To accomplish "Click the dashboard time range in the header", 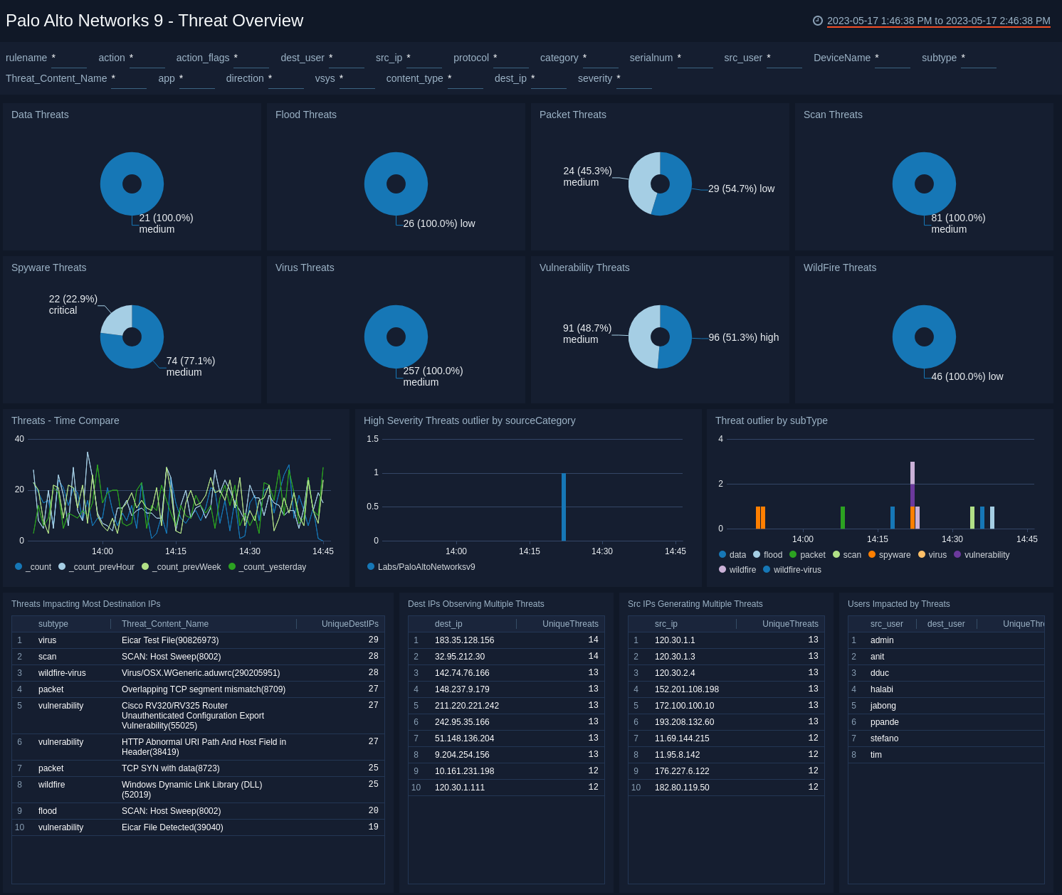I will pyautogui.click(x=938, y=21).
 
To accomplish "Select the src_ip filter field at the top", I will pyautogui.click(x=424, y=58).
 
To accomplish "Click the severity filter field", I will pyautogui.click(x=633, y=79).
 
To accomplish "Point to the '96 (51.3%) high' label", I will pyautogui.click(x=743, y=337).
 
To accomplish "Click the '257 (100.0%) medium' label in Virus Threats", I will pyautogui.click(x=433, y=376).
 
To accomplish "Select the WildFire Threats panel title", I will pyautogui.click(x=839, y=268).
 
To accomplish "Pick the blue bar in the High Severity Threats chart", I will pyautogui.click(x=564, y=507).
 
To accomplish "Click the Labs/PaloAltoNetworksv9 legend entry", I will pyautogui.click(x=426, y=567).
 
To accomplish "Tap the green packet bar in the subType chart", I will pyautogui.click(x=843, y=517).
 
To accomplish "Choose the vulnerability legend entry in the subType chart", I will pyautogui.click(x=986, y=555).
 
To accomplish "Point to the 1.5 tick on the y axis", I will pyautogui.click(x=372, y=439).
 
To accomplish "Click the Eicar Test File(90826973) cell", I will pyautogui.click(x=170, y=640).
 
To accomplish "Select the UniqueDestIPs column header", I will pyautogui.click(x=349, y=624).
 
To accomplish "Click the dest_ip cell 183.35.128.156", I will pyautogui.click(x=464, y=640).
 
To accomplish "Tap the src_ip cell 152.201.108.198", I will pyautogui.click(x=686, y=689).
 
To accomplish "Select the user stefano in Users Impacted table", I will pyautogui.click(x=884, y=738).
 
